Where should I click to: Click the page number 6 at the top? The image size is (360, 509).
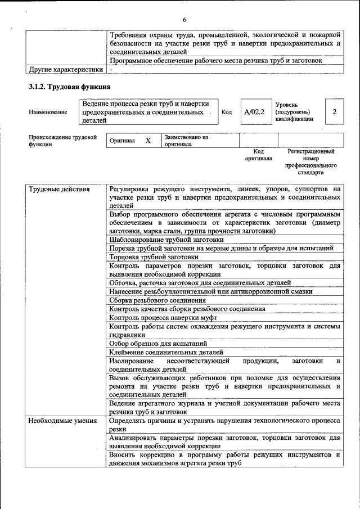[184, 20]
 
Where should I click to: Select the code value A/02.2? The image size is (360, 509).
[254, 112]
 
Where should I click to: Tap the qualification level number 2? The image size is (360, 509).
[335, 112]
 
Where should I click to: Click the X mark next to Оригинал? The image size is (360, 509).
[148, 141]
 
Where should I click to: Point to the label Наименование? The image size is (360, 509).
[48, 112]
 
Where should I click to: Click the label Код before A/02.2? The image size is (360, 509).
[227, 112]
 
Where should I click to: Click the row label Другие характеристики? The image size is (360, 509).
[66, 70]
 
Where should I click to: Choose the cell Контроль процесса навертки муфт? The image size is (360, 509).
[163, 317]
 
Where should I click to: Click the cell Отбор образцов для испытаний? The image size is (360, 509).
[159, 343]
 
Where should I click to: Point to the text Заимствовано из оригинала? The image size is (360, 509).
[186, 141]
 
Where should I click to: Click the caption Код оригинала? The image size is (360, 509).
[258, 155]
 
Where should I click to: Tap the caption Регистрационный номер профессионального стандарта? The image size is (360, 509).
[310, 162]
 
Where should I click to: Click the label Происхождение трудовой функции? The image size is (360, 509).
[62, 141]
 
